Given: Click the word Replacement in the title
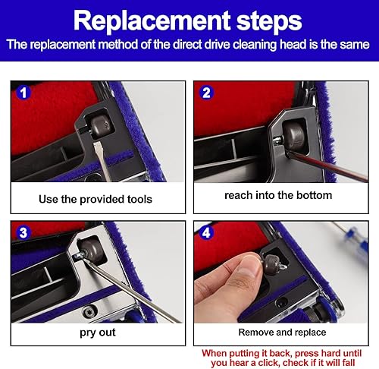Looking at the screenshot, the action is click(x=152, y=21).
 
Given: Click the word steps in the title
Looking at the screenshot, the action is click(x=269, y=21).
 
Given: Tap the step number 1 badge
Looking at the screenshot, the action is click(x=23, y=93).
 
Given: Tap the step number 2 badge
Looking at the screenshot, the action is click(x=206, y=93).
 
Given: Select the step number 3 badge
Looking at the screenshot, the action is click(x=23, y=233).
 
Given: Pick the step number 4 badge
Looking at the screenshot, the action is click(x=206, y=233).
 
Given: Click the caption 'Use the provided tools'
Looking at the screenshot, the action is click(x=96, y=199).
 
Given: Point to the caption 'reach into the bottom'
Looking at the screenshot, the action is click(x=278, y=195).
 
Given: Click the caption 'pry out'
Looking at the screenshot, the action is click(x=98, y=333).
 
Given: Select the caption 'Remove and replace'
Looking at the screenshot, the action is click(x=282, y=333).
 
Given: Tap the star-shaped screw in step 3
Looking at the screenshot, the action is click(x=90, y=311).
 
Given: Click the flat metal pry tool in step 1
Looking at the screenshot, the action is click(x=102, y=161).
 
